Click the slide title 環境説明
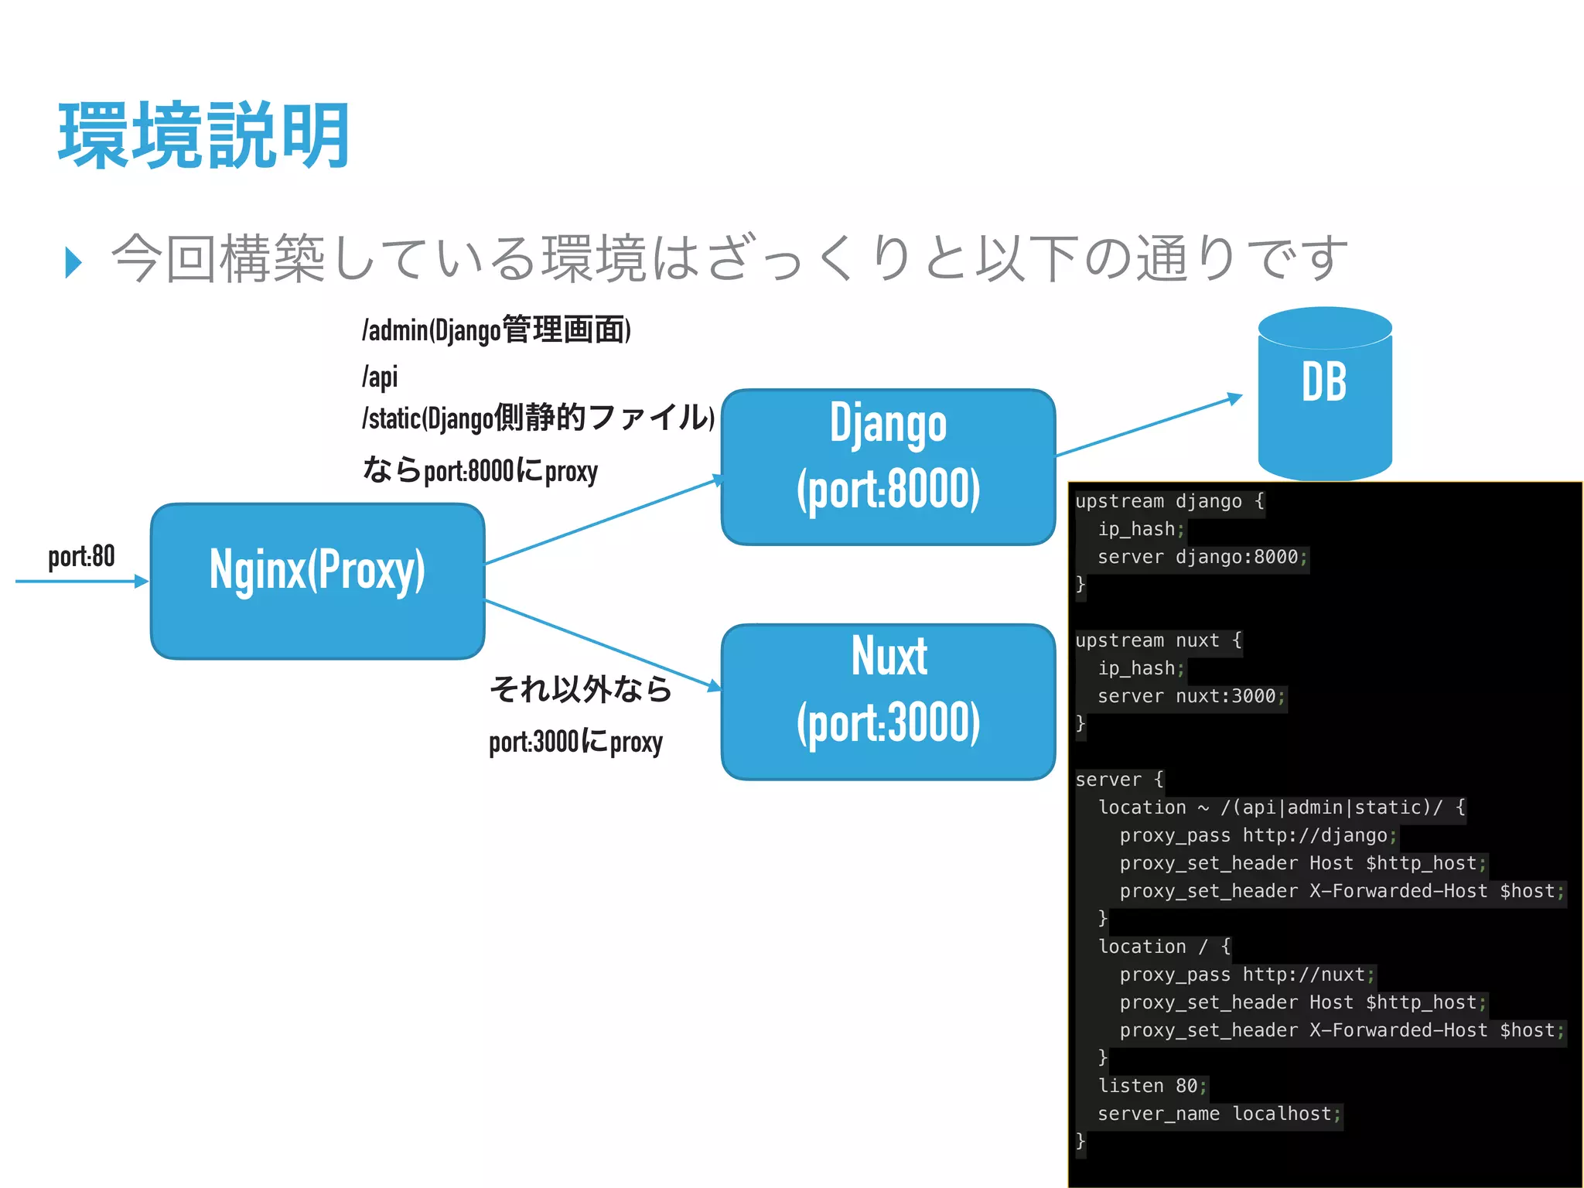tap(204, 136)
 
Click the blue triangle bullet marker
tap(73, 262)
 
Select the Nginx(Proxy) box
tap(317, 581)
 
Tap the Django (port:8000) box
tap(888, 466)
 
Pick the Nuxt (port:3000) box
tap(888, 702)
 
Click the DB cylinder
tap(1324, 394)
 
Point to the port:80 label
tap(81, 556)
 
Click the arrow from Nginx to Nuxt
tap(603, 643)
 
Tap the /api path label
tap(380, 377)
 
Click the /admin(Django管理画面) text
tap(496, 330)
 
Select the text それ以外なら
tap(581, 688)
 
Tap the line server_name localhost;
tap(1219, 1114)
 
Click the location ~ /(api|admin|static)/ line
tap(1281, 807)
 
